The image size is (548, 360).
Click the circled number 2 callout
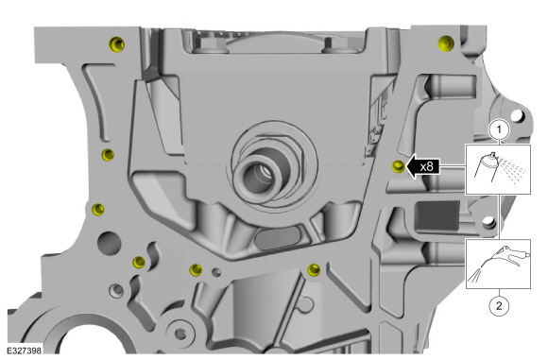[499, 304]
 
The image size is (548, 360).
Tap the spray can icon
[488, 170]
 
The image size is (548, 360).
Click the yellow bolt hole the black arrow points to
[398, 167]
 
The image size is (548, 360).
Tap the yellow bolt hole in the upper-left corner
[114, 45]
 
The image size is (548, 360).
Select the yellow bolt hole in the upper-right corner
[446, 42]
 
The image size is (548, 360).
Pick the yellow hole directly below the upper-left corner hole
[108, 154]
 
